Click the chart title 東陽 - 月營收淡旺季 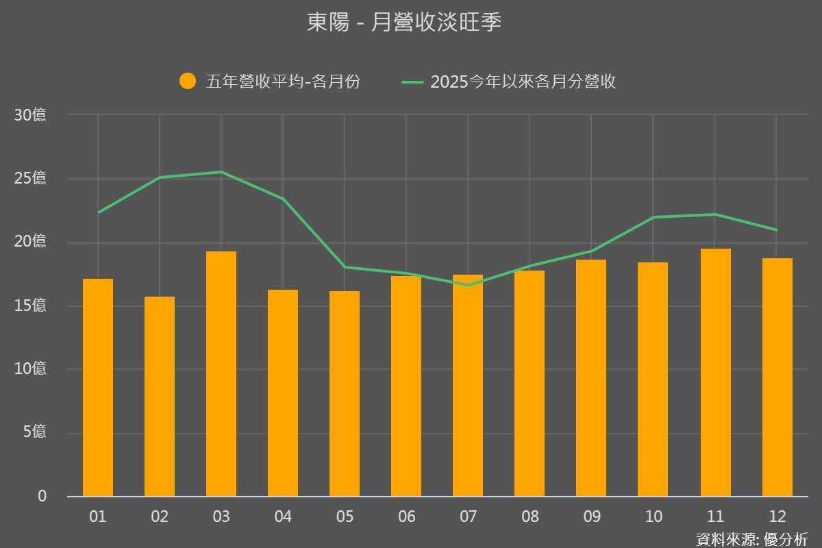click(x=405, y=23)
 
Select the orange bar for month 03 click(x=221, y=373)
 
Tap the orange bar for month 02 click(x=160, y=396)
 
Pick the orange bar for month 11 click(x=715, y=372)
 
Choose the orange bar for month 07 click(x=468, y=385)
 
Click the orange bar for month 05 click(x=345, y=393)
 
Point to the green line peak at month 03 click(x=221, y=172)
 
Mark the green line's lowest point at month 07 click(x=469, y=285)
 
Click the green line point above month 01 click(x=99, y=212)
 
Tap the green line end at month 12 click(x=776, y=229)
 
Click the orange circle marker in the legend click(x=188, y=82)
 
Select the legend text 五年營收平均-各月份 click(x=283, y=82)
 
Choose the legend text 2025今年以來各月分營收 click(x=523, y=82)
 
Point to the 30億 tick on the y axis click(x=31, y=115)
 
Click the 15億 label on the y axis click(x=31, y=306)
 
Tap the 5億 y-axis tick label click(x=34, y=432)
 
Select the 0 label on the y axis click(x=42, y=496)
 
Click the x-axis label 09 click(x=591, y=516)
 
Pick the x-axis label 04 click(x=283, y=516)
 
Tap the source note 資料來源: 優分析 click(x=751, y=538)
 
